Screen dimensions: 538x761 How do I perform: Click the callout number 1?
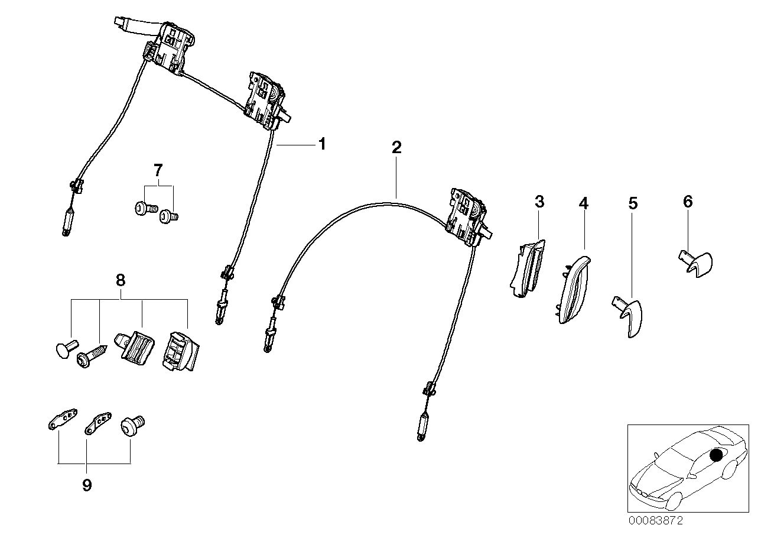(x=322, y=144)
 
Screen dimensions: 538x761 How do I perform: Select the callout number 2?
(x=396, y=147)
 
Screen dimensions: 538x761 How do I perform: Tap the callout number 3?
(x=539, y=202)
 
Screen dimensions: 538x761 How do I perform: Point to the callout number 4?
(x=583, y=203)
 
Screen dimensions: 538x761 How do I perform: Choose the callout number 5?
(x=633, y=204)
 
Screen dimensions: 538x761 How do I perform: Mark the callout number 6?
(x=687, y=202)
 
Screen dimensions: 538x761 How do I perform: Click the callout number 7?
(x=157, y=171)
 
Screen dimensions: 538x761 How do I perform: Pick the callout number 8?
(x=121, y=280)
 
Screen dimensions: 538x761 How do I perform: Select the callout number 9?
(x=87, y=485)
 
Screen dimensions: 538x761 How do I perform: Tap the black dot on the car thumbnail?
(x=716, y=455)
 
